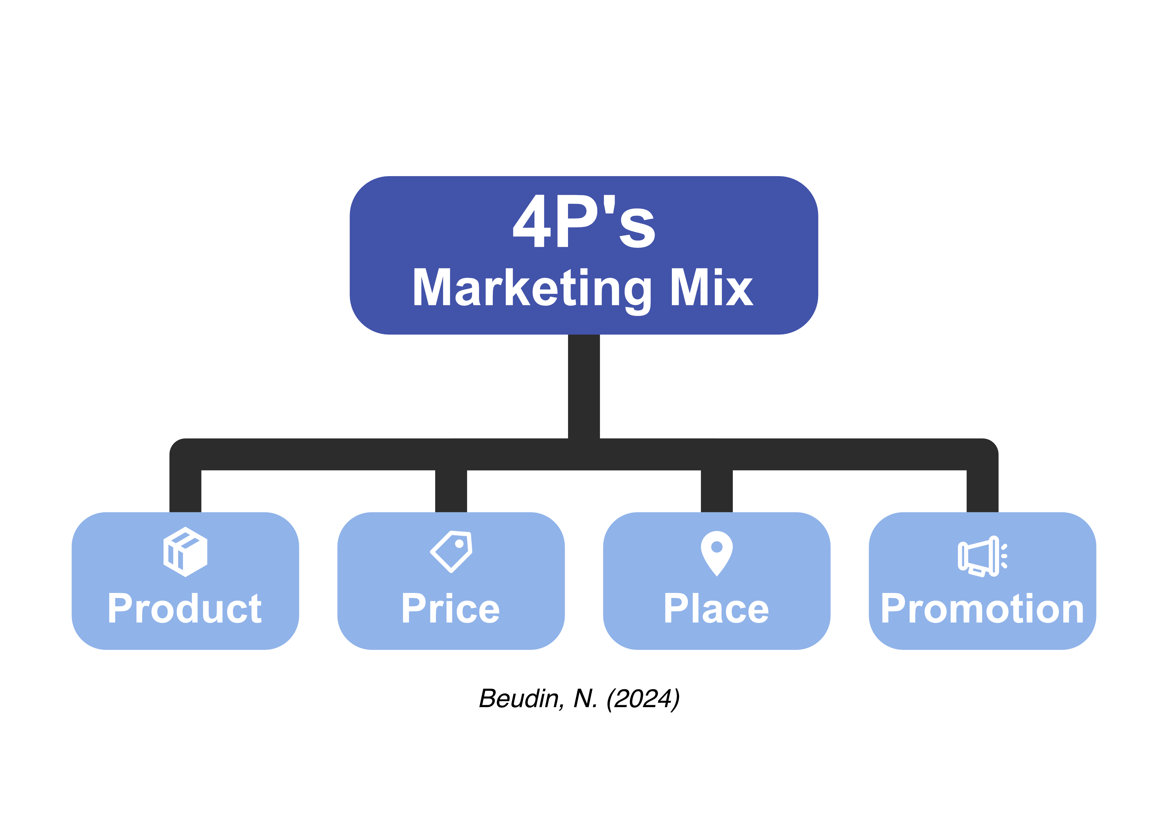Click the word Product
185,608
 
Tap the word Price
451,608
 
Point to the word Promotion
982,608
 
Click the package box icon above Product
185,552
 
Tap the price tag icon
451,552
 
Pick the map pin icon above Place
717,553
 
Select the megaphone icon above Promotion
982,556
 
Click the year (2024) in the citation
643,699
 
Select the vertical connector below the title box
584,387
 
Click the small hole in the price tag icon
459,544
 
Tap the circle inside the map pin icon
717,547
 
